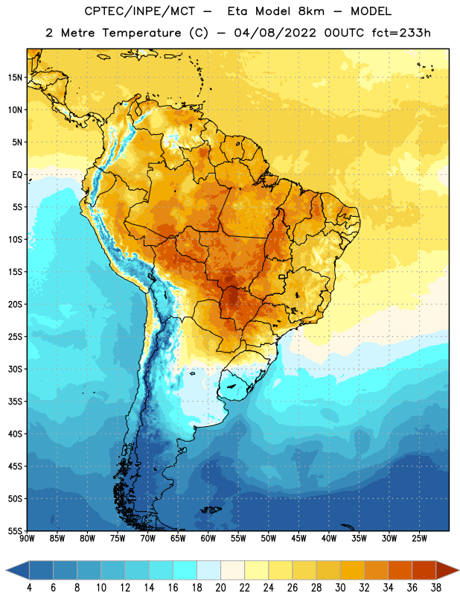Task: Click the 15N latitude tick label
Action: pyautogui.click(x=15, y=77)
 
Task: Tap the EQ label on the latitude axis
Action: pyautogui.click(x=17, y=175)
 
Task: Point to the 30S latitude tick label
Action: pyautogui.click(x=15, y=369)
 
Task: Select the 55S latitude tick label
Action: pyautogui.click(x=15, y=531)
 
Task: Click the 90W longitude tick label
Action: pyautogui.click(x=27, y=539)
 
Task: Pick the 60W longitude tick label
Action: pyautogui.click(x=208, y=539)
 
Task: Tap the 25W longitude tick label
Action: pyautogui.click(x=419, y=539)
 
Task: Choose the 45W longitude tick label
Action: pyautogui.click(x=298, y=539)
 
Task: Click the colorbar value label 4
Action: pyautogui.click(x=29, y=588)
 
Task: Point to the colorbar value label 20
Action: pyautogui.click(x=220, y=588)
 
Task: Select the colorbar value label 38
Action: pyautogui.click(x=436, y=588)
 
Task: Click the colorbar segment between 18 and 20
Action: pyautogui.click(x=208, y=571)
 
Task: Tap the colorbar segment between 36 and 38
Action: pyautogui.click(x=424, y=571)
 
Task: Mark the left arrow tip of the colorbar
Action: pyautogui.click(x=6, y=571)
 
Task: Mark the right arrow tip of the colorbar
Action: pyautogui.click(x=459, y=571)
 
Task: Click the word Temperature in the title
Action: pyautogui.click(x=141, y=33)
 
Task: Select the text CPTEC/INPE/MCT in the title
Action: pyautogui.click(x=139, y=12)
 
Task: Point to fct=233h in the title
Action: pyautogui.click(x=401, y=33)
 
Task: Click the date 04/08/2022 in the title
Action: pyautogui.click(x=275, y=33)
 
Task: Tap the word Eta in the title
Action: pyautogui.click(x=237, y=11)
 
